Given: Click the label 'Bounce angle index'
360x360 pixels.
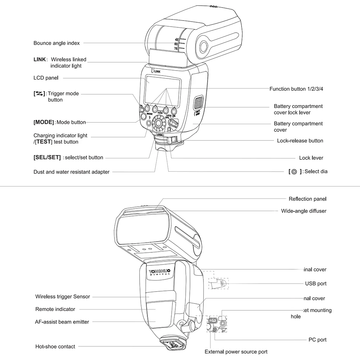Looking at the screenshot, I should coord(57,43).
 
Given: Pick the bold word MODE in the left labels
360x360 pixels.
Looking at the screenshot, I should coord(44,122).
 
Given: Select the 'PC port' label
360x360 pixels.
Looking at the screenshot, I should coord(317,339).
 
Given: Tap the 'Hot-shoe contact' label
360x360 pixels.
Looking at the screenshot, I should coord(55,347).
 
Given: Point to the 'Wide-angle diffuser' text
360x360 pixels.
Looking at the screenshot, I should coord(303,211).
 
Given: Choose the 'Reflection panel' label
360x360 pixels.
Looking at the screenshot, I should coord(307,199).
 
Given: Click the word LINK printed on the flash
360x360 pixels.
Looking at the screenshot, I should coord(157,72).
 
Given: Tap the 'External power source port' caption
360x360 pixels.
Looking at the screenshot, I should coord(236,352).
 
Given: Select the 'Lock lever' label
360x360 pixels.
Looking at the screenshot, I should coord(311,158).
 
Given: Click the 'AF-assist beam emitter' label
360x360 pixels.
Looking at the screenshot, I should coord(62,322).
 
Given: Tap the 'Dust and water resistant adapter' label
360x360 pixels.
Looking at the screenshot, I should coord(71,172).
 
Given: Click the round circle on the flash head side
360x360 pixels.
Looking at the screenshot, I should coord(203,46).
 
